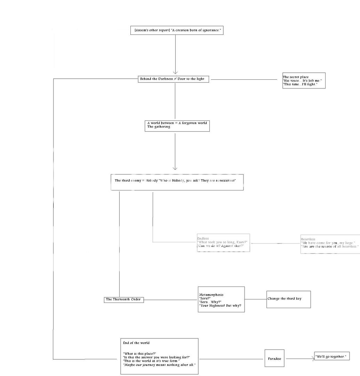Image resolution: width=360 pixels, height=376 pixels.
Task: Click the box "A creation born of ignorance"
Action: coord(176,31)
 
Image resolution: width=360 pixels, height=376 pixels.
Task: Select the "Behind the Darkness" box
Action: coord(174,79)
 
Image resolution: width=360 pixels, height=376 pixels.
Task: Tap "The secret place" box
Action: coord(304,80)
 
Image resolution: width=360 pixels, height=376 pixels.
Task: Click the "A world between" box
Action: coord(177,126)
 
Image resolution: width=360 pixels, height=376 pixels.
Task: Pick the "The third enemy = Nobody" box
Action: coord(177,182)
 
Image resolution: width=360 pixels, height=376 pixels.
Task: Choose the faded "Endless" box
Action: coord(223,243)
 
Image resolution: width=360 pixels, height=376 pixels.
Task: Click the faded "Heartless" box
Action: coord(330,244)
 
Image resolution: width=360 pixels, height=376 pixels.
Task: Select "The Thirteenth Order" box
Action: coord(123,300)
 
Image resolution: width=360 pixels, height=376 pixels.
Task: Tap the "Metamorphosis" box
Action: coord(221,299)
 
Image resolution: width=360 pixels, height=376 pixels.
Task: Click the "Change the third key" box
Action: coord(288,299)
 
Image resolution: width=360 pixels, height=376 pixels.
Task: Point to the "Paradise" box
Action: coord(274,358)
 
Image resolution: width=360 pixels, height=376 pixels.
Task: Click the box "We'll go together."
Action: coord(331,357)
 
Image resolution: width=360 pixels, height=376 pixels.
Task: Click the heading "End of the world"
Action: coord(136,343)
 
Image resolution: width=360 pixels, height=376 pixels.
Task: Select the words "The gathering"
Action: coord(159,127)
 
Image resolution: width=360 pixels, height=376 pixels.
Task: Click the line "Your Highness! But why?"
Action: coord(220,306)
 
